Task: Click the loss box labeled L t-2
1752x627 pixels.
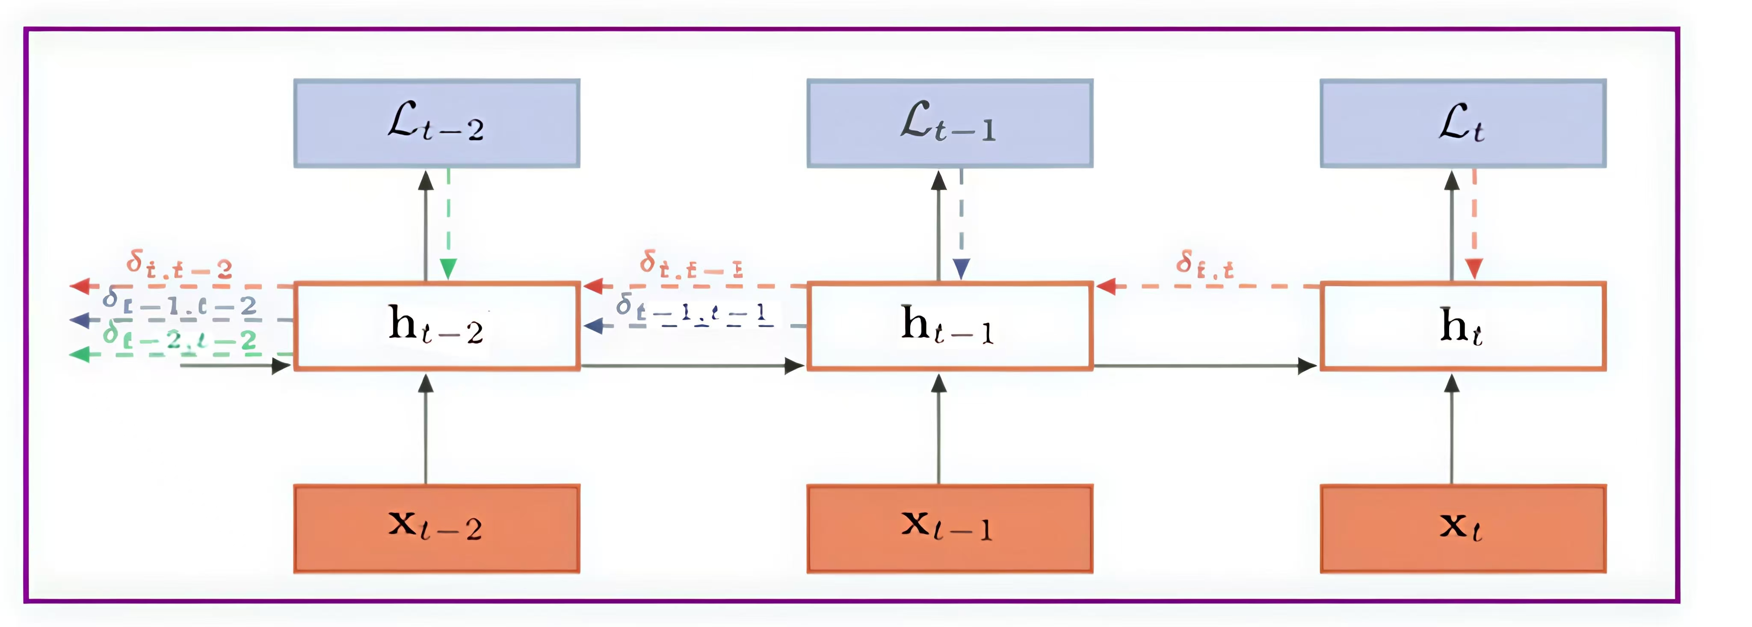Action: coord(437,123)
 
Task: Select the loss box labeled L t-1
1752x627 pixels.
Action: coord(950,123)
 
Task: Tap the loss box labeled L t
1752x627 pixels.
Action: coord(1463,123)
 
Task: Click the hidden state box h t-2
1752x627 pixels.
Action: coord(437,326)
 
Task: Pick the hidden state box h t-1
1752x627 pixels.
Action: coord(950,326)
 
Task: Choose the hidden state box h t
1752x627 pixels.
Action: coord(1463,326)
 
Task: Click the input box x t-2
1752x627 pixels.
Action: coord(437,528)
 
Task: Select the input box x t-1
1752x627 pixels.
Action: coord(950,528)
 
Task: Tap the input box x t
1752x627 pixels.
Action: coord(1463,528)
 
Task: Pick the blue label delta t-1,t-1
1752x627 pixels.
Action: coord(694,310)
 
